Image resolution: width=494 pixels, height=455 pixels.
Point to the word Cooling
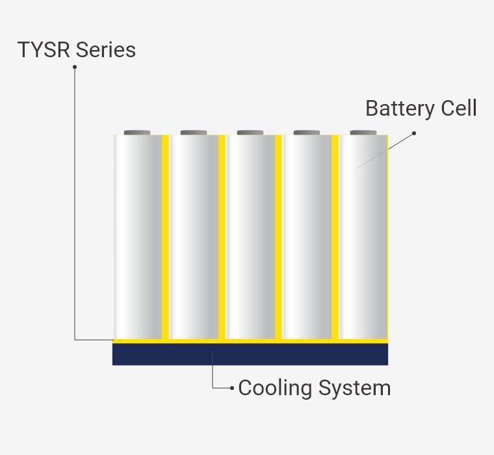pos(275,388)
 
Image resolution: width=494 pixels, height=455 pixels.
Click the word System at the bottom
pos(354,388)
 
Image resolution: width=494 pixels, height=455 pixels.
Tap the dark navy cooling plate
pos(250,354)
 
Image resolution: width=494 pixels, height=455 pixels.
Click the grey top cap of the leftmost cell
pos(137,133)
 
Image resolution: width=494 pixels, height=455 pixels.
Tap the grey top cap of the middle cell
pos(250,133)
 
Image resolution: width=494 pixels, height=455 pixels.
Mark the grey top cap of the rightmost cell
pos(363,133)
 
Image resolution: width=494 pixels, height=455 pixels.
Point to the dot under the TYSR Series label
pos(75,66)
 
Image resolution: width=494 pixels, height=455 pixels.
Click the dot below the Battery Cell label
pos(414,133)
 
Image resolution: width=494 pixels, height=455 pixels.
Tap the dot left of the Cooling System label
pos(232,388)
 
